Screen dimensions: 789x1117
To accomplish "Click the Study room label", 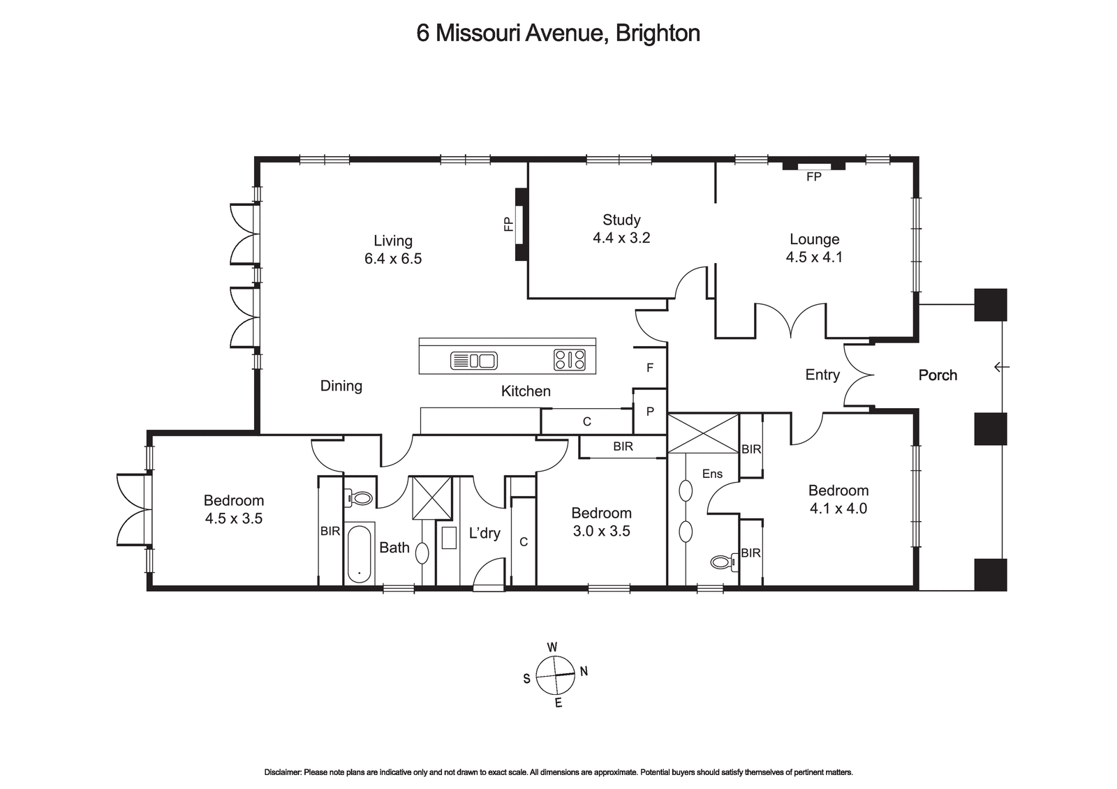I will [621, 220].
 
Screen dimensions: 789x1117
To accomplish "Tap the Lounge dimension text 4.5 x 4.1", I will [814, 257].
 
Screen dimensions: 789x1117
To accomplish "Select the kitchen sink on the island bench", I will [473, 361].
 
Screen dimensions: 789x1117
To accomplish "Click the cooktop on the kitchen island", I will [570, 360].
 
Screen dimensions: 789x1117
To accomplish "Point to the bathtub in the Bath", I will [360, 553].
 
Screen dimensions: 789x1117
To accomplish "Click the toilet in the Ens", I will [723, 561].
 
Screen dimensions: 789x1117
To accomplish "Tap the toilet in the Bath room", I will [359, 498].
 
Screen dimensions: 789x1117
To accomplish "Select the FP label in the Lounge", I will [813, 177].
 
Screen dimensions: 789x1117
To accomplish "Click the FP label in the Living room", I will [508, 224].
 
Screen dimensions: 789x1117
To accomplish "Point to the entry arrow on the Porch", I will [1002, 366].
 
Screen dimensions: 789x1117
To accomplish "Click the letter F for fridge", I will [650, 368].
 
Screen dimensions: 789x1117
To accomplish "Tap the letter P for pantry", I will [650, 412].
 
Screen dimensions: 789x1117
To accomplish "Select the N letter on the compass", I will [584, 672].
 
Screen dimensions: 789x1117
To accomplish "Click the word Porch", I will [938, 375].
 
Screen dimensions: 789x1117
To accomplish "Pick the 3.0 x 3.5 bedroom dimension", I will [601, 532].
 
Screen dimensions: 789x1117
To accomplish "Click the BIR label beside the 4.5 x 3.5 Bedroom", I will [330, 532].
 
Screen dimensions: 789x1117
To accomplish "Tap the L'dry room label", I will [484, 534].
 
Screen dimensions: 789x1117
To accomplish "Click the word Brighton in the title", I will [658, 33].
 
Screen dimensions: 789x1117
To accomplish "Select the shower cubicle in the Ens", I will [703, 433].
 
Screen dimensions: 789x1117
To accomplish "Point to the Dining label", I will [341, 386].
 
